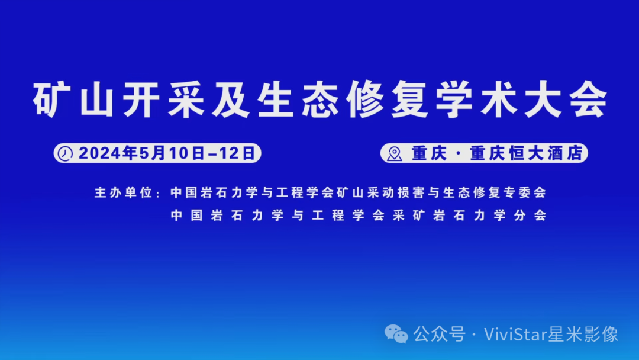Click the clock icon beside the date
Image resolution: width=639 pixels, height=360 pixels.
pos(64,153)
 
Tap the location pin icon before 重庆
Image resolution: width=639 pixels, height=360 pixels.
pos(394,154)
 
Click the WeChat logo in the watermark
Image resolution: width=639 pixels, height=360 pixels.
pos(396,334)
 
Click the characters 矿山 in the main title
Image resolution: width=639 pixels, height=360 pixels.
pos(70,101)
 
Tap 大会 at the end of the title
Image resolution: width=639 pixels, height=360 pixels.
pos(569,101)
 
